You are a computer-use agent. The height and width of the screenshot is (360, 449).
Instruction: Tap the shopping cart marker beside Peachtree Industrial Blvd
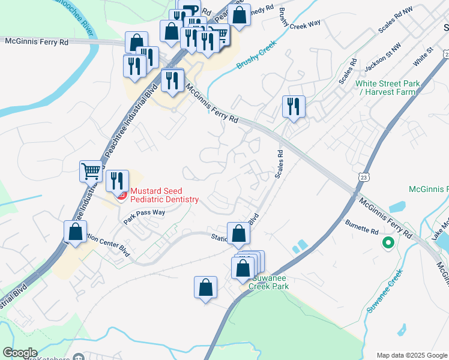(91, 172)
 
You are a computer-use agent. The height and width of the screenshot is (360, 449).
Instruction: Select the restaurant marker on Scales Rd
(294, 107)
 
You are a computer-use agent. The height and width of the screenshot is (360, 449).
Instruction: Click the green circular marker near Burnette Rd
(388, 243)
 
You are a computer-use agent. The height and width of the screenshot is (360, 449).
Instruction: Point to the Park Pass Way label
(144, 216)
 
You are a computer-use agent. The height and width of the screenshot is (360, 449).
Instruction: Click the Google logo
(20, 353)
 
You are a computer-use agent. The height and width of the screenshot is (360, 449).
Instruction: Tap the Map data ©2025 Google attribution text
(412, 355)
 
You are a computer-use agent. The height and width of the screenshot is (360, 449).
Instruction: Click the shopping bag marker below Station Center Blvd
(205, 287)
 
